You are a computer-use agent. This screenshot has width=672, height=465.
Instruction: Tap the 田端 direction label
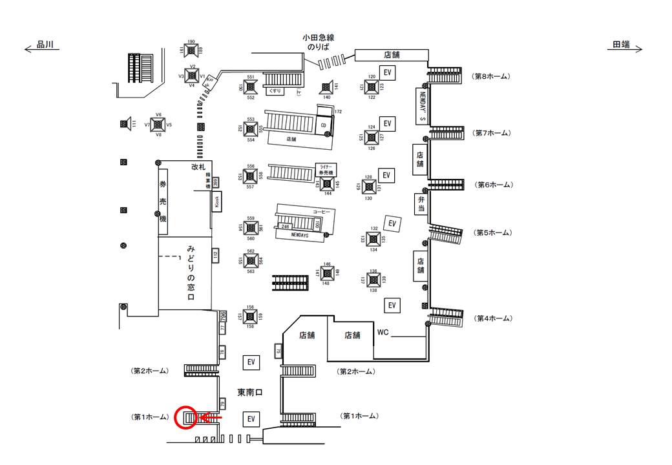pyautogui.click(x=621, y=45)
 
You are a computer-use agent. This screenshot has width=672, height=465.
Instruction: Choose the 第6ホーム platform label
pyautogui.click(x=494, y=185)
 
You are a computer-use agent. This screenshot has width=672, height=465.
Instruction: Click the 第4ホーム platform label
pyautogui.click(x=494, y=318)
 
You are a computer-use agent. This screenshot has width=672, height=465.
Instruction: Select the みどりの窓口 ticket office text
pyautogui.click(x=191, y=273)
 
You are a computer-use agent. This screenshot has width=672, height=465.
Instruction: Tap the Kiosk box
pyautogui.click(x=215, y=203)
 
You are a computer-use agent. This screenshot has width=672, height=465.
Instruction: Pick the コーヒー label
pyautogui.click(x=321, y=212)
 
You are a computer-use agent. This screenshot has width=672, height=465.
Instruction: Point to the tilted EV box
pyautogui.click(x=392, y=223)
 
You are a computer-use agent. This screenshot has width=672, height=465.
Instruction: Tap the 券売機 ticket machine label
pyautogui.click(x=163, y=201)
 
